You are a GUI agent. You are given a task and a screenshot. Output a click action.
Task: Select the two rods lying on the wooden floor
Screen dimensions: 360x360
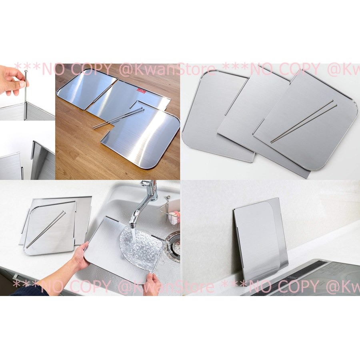point(118,118)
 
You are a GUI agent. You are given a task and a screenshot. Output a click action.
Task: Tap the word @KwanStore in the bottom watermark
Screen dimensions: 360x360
point(166,286)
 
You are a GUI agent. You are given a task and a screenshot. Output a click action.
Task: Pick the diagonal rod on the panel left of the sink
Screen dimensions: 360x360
point(46,230)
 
